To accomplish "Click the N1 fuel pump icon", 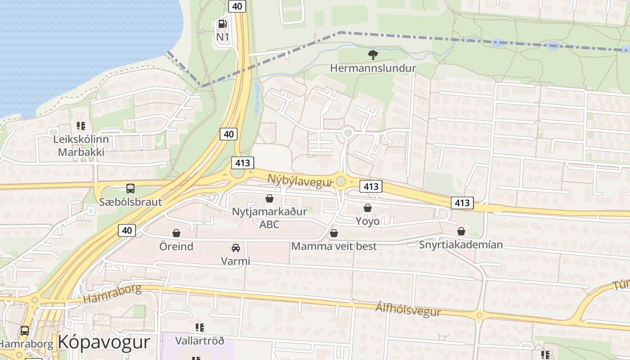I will pos(222,24).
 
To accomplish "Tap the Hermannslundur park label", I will pos(373,68).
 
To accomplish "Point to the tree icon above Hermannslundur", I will pos(373,55).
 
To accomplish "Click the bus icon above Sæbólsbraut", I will pos(130,189).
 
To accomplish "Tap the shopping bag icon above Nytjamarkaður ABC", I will pos(270,198).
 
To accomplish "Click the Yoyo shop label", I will pos(368,221).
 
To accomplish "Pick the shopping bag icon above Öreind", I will pos(176,233).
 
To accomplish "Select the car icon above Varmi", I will pos(235,248).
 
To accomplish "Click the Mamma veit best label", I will pos(334,246).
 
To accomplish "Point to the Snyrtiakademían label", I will pos(461,245).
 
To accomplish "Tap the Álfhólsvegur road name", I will pos(408,310).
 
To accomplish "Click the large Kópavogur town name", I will pos(103,342).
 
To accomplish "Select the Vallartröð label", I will pos(199,340).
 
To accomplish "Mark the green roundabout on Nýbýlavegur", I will pos(341,181).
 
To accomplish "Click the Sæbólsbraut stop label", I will pos(130,202).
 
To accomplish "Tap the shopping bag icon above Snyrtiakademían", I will pos(461,231).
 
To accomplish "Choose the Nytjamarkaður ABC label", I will pos(270,217).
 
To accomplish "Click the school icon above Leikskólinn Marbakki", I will pos(81,126).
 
